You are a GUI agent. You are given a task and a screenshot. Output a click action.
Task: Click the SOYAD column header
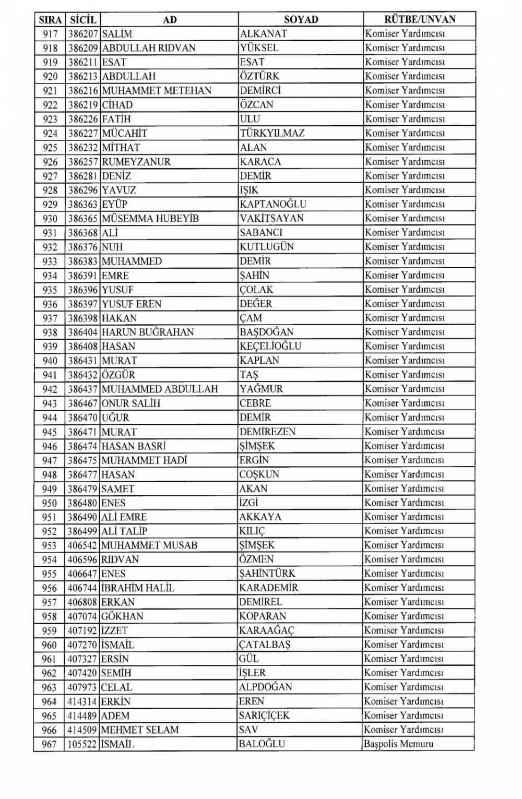(x=301, y=20)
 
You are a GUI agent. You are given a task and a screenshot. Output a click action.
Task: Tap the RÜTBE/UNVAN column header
(x=420, y=20)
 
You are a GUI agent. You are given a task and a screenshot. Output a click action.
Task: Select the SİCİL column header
(x=82, y=20)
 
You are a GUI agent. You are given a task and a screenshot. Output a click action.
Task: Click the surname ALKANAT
(x=264, y=34)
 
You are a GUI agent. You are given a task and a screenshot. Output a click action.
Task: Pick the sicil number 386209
(x=83, y=48)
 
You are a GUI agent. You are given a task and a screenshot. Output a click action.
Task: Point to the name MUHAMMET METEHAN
(x=157, y=90)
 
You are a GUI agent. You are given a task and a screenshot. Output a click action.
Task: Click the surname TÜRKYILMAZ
(x=272, y=133)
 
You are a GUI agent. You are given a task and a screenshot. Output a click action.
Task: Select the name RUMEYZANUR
(x=136, y=162)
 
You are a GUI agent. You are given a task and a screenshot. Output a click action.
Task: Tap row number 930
(x=50, y=219)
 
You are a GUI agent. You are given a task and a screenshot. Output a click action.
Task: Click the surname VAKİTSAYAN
(x=271, y=219)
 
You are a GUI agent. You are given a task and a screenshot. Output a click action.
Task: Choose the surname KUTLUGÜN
(x=267, y=247)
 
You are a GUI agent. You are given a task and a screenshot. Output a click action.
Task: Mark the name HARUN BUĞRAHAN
(x=148, y=332)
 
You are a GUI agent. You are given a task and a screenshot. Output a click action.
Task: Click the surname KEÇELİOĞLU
(x=270, y=346)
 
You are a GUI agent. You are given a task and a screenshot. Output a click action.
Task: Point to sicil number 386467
(x=83, y=403)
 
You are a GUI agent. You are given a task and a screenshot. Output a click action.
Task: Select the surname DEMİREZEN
(x=268, y=432)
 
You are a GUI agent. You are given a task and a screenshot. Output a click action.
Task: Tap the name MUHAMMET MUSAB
(x=149, y=545)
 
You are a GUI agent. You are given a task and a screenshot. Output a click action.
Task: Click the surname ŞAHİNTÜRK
(x=267, y=574)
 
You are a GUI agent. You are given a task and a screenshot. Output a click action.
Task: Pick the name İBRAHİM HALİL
(x=138, y=588)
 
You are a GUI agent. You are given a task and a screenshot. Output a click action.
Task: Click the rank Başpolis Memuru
(x=399, y=744)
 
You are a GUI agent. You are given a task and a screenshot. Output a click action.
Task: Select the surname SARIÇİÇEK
(x=264, y=715)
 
